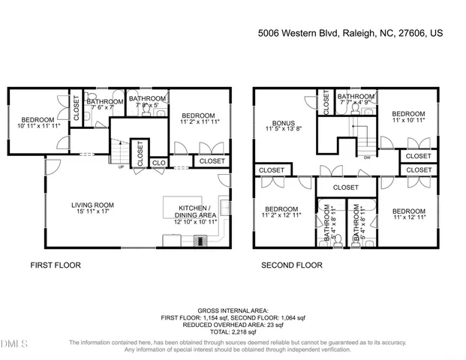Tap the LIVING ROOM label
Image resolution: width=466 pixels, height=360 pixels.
(92, 205)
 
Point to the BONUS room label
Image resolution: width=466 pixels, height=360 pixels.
(283, 123)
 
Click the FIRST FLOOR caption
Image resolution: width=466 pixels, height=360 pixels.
(55, 265)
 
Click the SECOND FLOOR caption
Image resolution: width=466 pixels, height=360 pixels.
(292, 265)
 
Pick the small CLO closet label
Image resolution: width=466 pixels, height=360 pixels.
(158, 161)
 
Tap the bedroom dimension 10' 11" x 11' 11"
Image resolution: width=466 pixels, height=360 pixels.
(37, 127)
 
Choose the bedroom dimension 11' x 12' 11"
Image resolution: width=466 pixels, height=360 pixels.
(408, 217)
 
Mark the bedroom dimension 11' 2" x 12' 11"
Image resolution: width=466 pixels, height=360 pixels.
(281, 216)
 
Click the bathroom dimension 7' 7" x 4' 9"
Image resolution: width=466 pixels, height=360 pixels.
(355, 103)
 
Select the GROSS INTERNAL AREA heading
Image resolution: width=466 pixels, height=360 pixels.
(233, 310)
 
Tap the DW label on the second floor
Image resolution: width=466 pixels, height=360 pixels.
(366, 157)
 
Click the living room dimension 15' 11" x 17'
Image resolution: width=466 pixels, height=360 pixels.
(92, 211)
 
